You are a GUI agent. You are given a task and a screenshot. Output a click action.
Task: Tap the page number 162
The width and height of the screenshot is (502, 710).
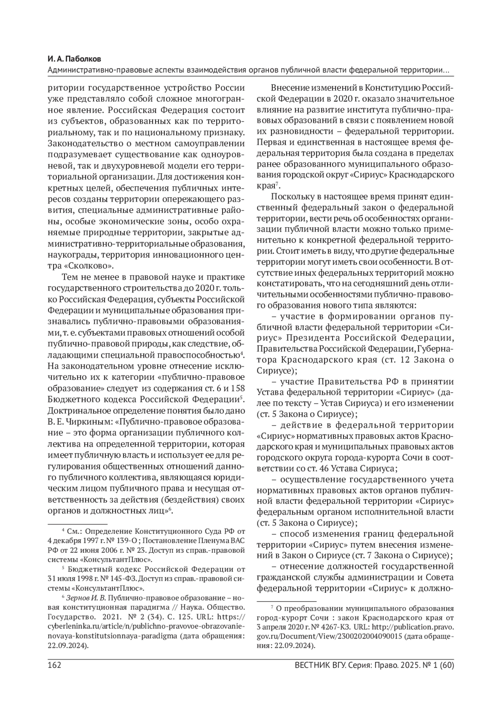click(x=54, y=665)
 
